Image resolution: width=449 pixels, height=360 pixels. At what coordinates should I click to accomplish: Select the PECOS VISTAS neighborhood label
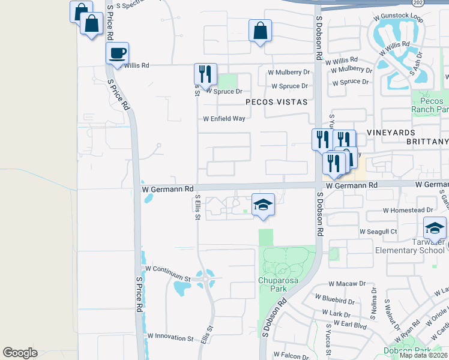click(276, 103)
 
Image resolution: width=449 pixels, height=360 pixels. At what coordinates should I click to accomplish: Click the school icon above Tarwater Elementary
click(434, 229)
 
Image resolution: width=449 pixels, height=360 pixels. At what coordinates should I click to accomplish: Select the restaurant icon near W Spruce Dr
click(205, 74)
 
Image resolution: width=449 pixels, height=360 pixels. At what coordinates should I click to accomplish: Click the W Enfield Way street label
click(224, 119)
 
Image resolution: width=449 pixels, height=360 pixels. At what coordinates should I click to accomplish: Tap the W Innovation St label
click(171, 338)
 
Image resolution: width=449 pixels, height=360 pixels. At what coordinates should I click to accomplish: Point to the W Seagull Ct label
click(378, 231)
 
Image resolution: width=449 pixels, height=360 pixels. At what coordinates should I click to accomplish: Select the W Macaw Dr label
click(347, 283)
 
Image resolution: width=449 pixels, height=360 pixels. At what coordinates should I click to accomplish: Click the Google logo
click(20, 353)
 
